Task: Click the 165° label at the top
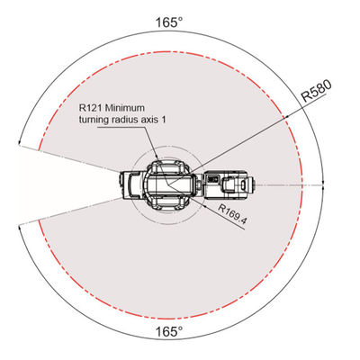point(169,22)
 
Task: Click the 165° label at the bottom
point(169,332)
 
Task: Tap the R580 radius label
point(317,91)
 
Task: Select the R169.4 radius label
point(232,214)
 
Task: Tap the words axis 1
point(153,120)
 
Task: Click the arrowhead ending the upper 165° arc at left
point(20,142)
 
